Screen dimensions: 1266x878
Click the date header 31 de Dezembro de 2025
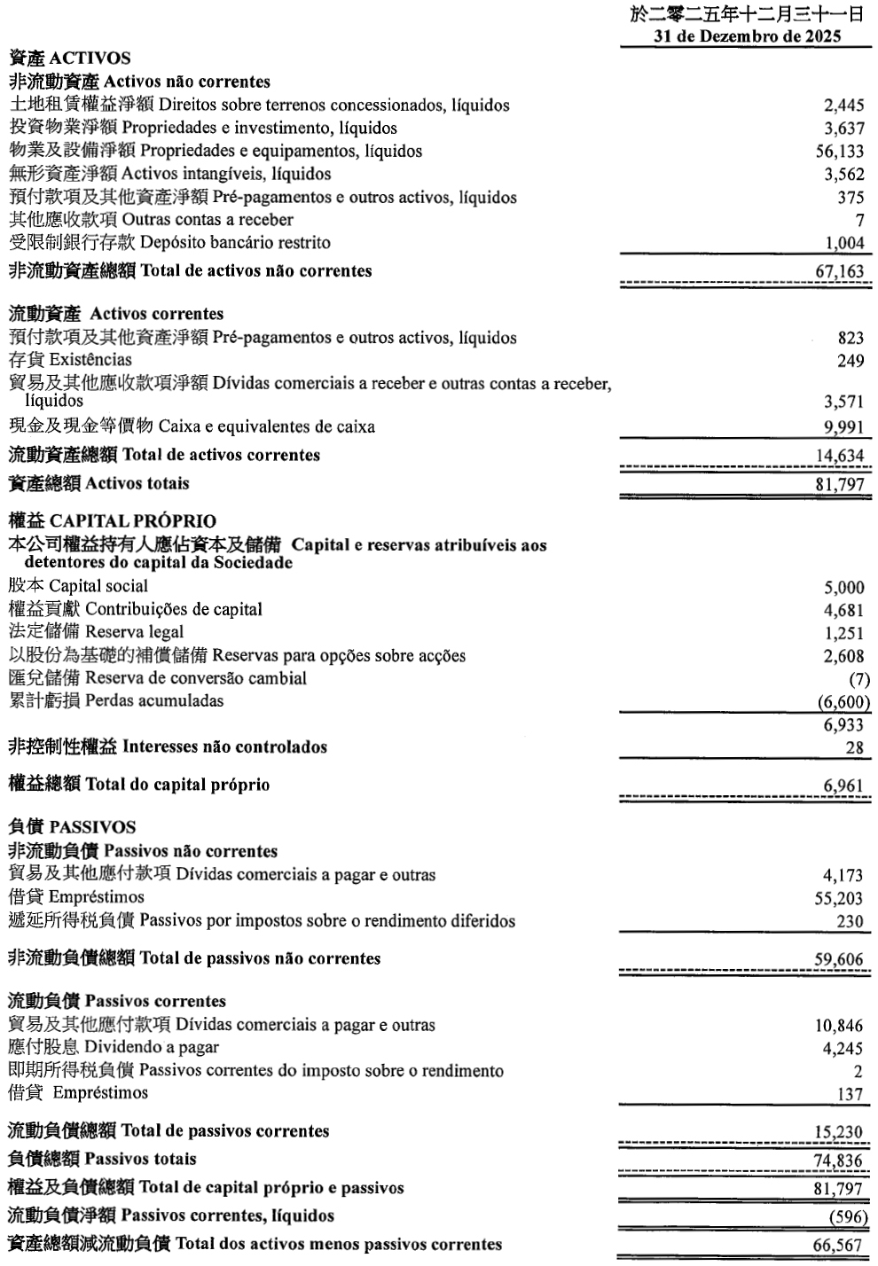click(747, 37)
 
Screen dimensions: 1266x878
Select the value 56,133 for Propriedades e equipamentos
click(839, 152)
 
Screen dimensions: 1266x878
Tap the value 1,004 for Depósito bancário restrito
click(843, 244)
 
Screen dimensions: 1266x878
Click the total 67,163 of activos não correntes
click(839, 271)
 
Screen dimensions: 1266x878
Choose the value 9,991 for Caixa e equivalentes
click(843, 427)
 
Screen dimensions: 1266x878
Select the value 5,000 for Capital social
click(843, 588)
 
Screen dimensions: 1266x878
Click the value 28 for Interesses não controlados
click(854, 748)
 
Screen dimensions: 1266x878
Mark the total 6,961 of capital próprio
click(843, 785)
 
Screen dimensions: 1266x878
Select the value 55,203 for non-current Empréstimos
click(839, 898)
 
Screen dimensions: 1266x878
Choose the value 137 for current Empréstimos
click(850, 1094)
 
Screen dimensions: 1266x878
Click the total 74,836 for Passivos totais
click(839, 1160)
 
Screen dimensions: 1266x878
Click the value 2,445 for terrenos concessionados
click(843, 106)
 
